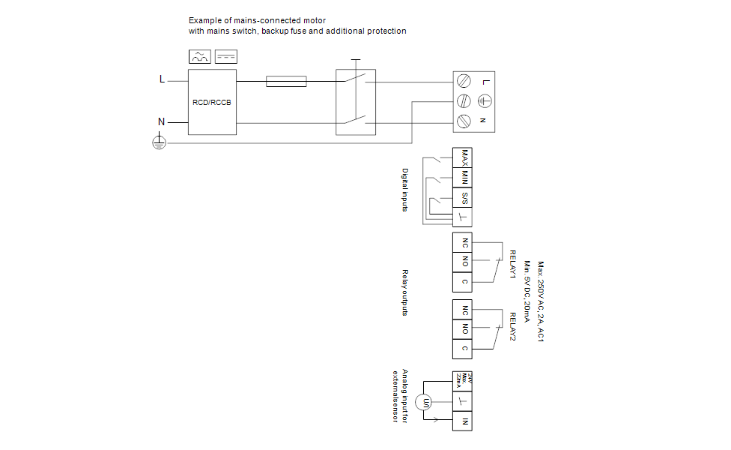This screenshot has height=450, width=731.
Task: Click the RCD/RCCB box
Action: (212, 102)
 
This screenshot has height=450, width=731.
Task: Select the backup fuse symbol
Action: (286, 81)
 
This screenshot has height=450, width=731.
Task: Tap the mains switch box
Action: (355, 102)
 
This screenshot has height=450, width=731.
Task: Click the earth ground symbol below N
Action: (159, 142)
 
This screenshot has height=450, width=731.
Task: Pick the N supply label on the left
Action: (161, 121)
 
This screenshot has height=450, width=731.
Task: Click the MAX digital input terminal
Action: (464, 157)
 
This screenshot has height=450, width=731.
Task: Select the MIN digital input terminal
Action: (464, 178)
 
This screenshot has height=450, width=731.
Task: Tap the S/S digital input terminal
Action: (464, 198)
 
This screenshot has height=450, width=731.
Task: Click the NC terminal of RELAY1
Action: (464, 243)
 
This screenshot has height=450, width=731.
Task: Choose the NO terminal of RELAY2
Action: (464, 329)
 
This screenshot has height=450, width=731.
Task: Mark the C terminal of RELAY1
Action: (464, 282)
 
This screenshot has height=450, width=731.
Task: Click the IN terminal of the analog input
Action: (464, 422)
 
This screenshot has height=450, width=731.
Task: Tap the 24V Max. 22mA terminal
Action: (464, 380)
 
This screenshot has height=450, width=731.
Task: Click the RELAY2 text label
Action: (514, 327)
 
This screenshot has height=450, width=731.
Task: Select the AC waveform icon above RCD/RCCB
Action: (200, 57)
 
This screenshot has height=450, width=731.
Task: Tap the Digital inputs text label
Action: (405, 189)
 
